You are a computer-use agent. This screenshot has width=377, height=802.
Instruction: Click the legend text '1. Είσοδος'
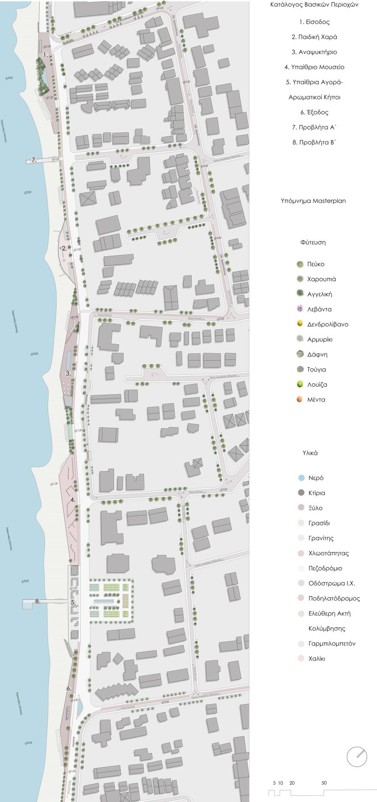314,22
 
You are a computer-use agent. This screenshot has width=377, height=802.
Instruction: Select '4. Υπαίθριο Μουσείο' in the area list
314,67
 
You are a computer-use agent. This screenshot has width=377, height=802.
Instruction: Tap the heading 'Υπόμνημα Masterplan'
313,200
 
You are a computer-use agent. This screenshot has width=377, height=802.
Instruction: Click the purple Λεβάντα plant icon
300,309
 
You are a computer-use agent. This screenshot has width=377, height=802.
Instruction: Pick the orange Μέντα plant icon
300,399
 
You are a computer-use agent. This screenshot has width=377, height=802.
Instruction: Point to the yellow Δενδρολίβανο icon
300,324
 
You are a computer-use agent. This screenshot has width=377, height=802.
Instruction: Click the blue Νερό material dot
301,478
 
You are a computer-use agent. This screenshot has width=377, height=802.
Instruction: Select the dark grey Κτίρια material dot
301,493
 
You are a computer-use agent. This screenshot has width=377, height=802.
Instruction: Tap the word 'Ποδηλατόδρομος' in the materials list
334,598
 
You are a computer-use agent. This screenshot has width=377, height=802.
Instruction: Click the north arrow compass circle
357,756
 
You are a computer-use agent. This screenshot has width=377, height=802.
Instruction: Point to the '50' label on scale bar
324,783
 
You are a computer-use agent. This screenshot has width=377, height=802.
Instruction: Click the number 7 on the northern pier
33,160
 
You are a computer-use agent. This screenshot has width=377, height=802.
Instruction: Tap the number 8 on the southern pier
37,601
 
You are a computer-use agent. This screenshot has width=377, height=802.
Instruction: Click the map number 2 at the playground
64,249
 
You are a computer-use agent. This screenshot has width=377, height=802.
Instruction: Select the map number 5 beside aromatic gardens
73,602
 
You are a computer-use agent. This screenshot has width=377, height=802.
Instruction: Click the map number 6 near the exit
69,689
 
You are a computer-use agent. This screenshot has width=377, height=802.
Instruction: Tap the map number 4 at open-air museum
73,500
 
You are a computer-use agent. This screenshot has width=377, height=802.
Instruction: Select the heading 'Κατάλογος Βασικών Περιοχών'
314,5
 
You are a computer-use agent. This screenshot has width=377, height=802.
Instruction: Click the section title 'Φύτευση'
313,242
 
